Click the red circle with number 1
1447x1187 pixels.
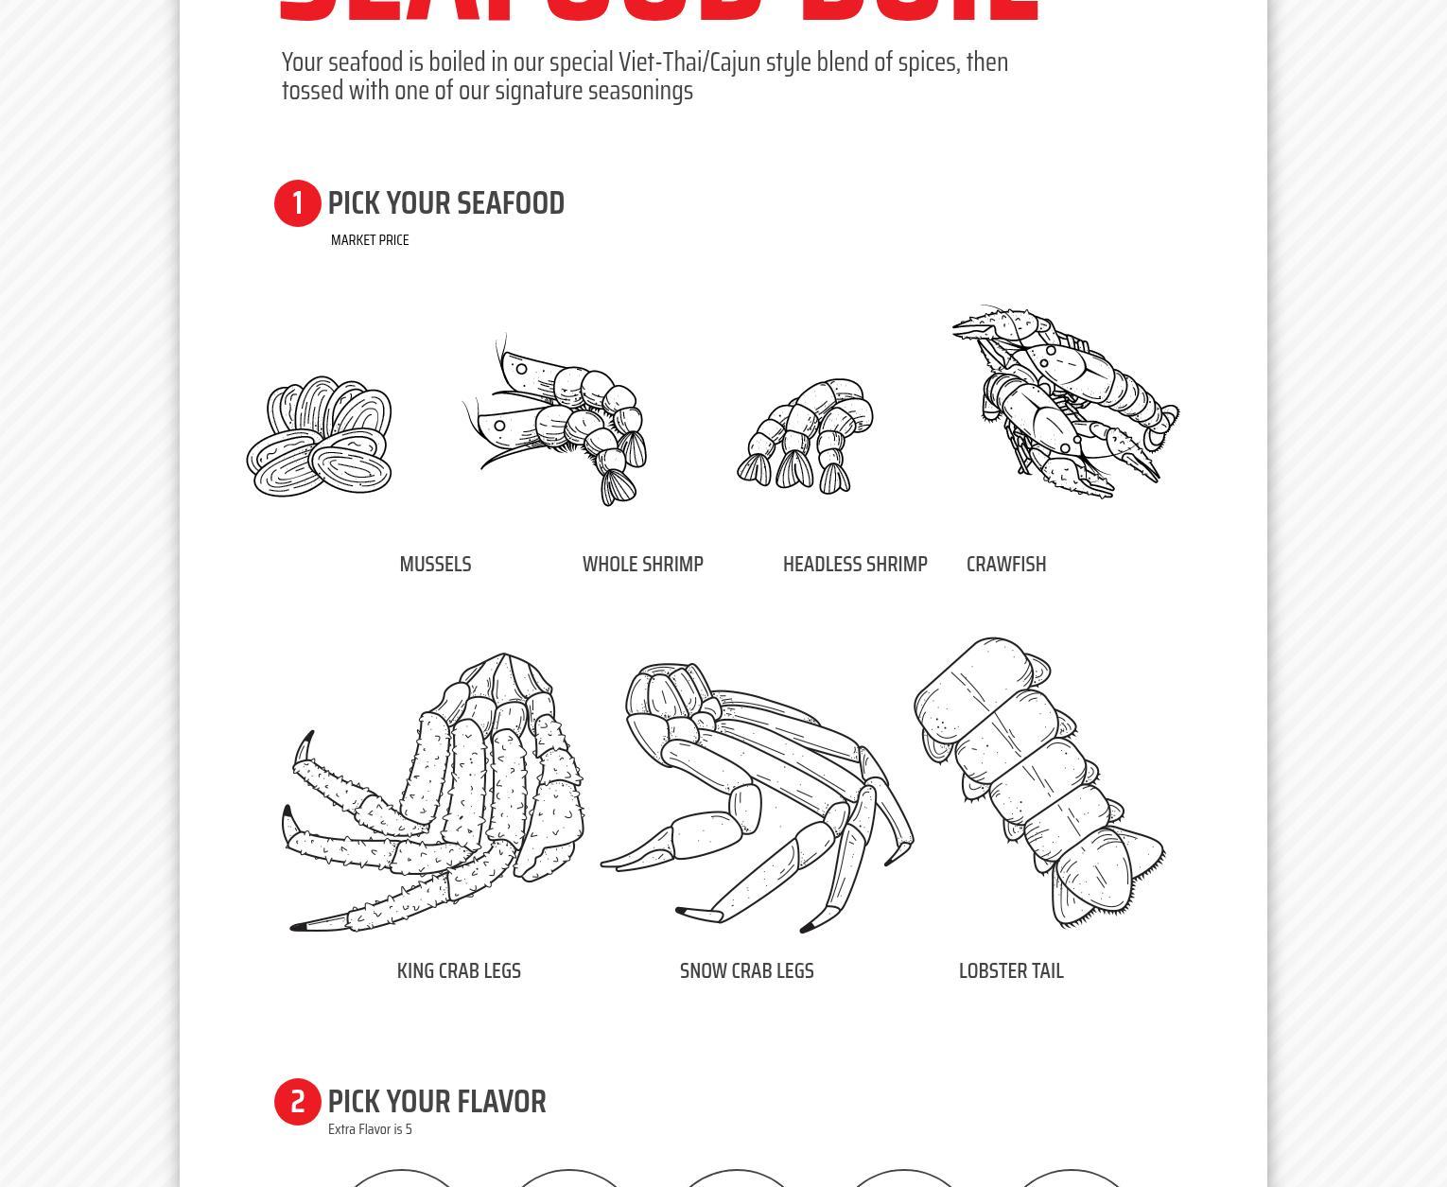click(298, 203)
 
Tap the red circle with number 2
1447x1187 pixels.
click(298, 1102)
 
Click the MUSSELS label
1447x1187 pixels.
click(435, 565)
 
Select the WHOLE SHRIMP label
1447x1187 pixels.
click(643, 565)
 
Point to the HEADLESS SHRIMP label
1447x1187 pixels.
click(855, 565)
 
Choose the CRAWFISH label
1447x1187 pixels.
click(1006, 565)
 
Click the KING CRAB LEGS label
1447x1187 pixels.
click(459, 971)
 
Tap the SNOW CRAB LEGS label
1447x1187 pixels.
click(747, 971)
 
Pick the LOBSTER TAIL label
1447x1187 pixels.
click(1011, 971)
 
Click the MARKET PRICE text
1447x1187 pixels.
click(370, 240)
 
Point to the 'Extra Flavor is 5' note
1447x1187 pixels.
click(370, 1129)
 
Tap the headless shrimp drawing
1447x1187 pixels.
click(806, 437)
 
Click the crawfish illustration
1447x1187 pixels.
click(1064, 402)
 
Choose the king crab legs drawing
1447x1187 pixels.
click(435, 794)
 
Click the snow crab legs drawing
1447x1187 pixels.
click(757, 794)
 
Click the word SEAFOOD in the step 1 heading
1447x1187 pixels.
click(511, 203)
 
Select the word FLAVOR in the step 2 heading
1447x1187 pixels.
click(501, 1102)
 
